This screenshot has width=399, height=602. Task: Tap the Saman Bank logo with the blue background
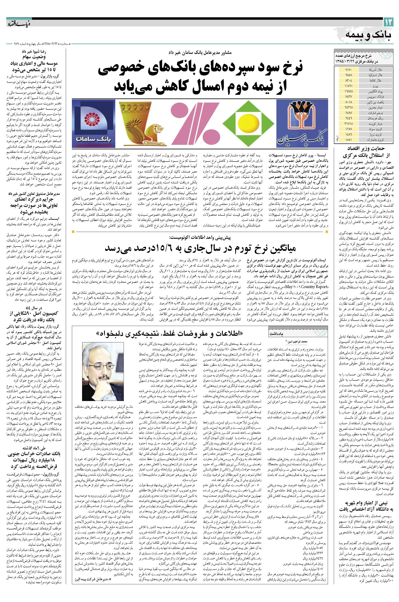pos(94,124)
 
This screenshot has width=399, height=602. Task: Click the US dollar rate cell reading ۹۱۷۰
pos(348,69)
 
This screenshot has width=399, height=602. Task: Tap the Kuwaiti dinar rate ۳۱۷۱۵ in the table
pos(348,123)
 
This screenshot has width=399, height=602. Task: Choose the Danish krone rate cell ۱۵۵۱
pos(348,140)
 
